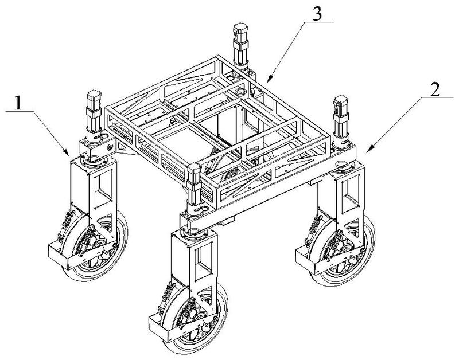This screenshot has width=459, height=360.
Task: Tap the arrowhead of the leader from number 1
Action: pos(70,155)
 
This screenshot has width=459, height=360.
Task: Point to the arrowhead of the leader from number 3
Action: pos(267,81)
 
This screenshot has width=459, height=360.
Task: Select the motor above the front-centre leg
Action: pos(194,183)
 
